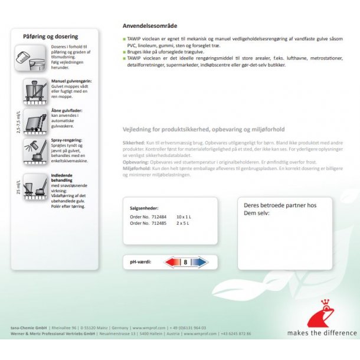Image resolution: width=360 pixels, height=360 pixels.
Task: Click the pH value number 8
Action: pyautogui.click(x=186, y=261)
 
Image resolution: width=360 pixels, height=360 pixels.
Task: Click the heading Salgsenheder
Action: pyautogui.click(x=144, y=208)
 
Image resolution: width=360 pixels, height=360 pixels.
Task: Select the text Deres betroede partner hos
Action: pyautogui.click(x=280, y=205)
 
